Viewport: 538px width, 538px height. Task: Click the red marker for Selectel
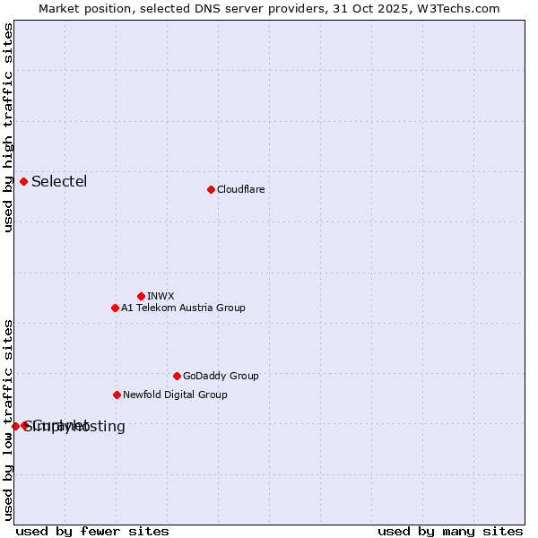23,182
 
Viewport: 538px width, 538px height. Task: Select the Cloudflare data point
211,189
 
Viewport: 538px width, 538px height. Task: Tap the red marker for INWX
141,296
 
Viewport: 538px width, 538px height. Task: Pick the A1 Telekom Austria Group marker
115,308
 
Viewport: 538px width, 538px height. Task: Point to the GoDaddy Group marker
177,376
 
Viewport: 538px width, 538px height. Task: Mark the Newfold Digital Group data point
117,395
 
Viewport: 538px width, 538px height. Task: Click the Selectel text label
59,182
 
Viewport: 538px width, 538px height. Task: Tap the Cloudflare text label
240,189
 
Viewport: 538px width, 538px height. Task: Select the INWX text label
161,296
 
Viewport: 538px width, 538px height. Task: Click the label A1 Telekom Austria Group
183,308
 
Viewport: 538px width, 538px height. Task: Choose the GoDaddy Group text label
221,376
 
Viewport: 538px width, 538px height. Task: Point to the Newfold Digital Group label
175,395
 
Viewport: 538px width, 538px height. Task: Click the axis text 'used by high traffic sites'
8,127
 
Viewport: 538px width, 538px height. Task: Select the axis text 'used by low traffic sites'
8,419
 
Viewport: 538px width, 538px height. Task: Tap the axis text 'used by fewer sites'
92,531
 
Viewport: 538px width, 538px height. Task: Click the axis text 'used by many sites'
450,531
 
